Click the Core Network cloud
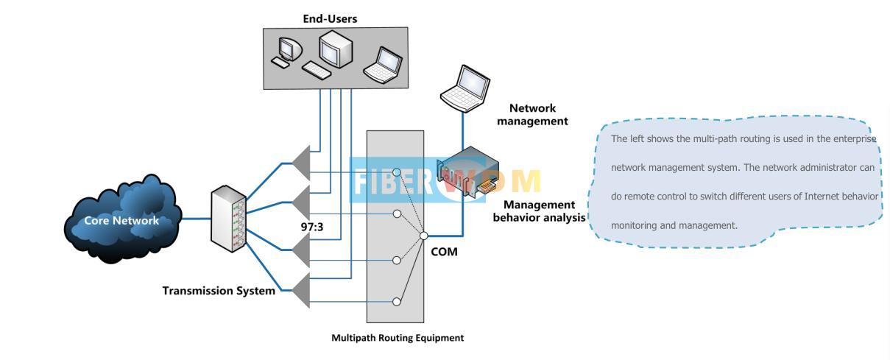[122, 219]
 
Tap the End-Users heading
[330, 19]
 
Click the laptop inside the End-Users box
[384, 64]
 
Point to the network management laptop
[465, 88]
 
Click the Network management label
[532, 115]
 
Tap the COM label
[444, 252]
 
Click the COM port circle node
[424, 236]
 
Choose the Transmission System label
[219, 291]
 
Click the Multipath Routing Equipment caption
[398, 338]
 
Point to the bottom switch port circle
[397, 301]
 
